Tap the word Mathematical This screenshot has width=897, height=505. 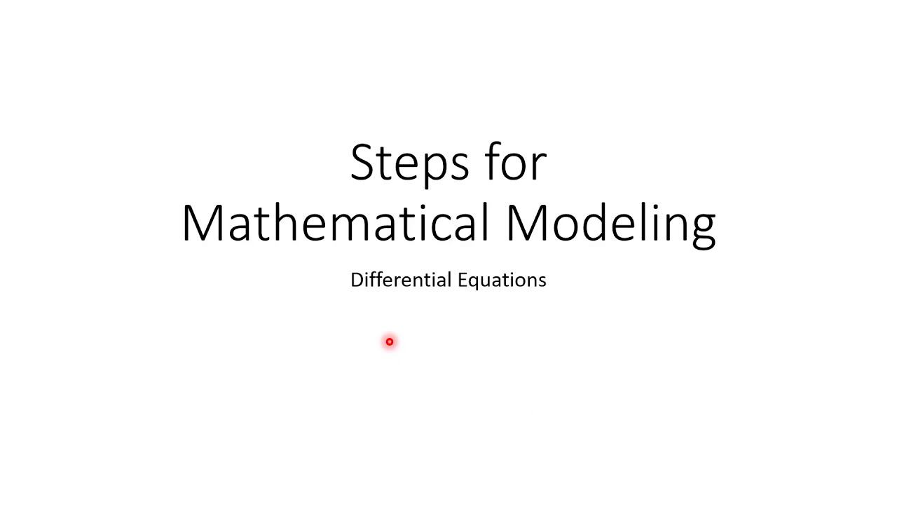tap(334, 223)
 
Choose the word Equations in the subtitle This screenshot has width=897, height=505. tap(502, 281)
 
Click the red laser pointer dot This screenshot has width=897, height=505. tap(390, 342)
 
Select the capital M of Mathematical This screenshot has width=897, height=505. tap(203, 223)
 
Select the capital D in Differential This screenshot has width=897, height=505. tap(357, 280)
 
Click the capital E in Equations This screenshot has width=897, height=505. tap(462, 280)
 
